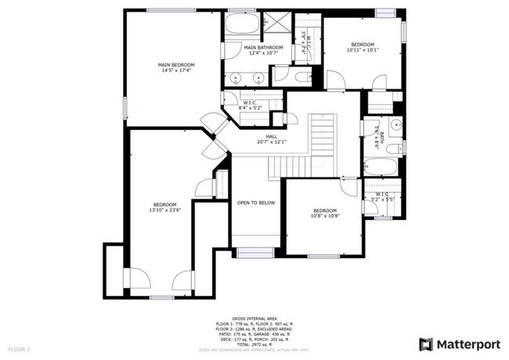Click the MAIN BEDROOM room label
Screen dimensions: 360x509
point(176,65)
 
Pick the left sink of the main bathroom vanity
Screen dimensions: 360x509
point(235,78)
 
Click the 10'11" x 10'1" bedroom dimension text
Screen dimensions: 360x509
point(363,50)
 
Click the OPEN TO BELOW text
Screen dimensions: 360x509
point(256,203)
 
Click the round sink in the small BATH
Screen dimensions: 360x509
point(395,124)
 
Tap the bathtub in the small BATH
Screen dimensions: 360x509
point(383,167)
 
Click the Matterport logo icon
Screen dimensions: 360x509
point(426,344)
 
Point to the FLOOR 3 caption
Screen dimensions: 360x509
point(19,347)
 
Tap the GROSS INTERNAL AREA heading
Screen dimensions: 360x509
point(254,319)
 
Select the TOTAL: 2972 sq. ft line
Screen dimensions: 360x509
point(254,344)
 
